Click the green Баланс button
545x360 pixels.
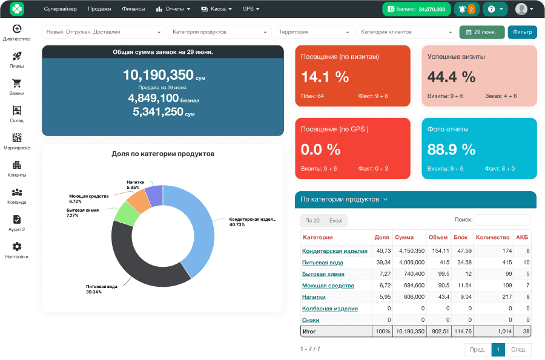(x=416, y=9)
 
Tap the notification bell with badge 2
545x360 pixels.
(x=466, y=9)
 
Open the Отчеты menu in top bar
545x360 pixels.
(x=173, y=9)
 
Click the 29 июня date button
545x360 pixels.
(x=481, y=32)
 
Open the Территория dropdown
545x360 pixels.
(x=314, y=32)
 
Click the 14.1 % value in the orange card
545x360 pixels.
(x=325, y=77)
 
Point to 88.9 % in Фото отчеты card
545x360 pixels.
(x=451, y=149)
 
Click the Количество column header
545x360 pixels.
(x=492, y=237)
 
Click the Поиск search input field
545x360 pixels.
(x=501, y=220)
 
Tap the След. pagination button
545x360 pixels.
(x=518, y=350)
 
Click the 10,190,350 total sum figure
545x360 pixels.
(x=158, y=75)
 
